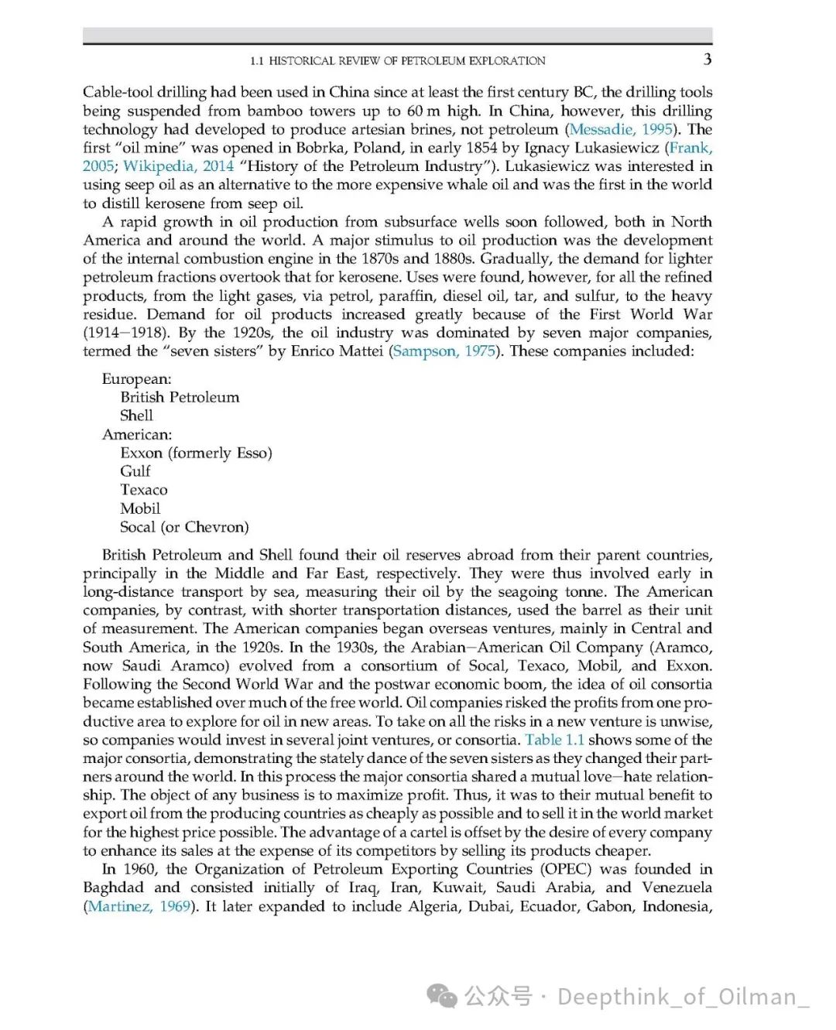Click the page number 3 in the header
pos(707,60)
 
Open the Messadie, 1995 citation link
pos(620,129)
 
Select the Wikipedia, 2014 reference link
pos(178,166)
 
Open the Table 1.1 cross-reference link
pos(554,739)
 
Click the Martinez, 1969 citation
pos(139,906)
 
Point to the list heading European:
pos(137,378)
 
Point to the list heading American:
pos(137,434)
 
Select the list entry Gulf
pos(135,471)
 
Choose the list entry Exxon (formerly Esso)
pos(196,453)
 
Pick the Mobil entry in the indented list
pos(140,508)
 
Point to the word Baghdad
pos(113,888)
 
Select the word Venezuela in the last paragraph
pos(677,888)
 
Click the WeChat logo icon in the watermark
pos(443,996)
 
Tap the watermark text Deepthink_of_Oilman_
pos(683,997)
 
